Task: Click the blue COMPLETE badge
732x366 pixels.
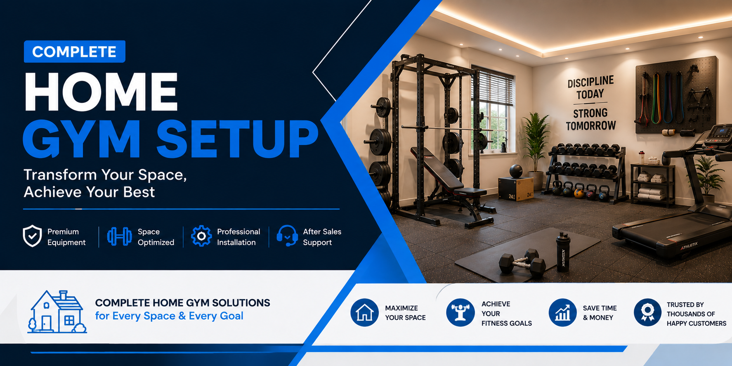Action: tap(75, 52)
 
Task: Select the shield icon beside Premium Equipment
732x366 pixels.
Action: tap(32, 236)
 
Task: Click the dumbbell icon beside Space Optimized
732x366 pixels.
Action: tap(120, 236)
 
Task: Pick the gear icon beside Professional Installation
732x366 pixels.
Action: tap(201, 236)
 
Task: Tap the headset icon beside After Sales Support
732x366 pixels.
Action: tap(287, 236)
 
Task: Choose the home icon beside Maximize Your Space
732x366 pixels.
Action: tap(364, 313)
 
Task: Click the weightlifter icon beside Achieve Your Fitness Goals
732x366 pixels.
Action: tap(460, 313)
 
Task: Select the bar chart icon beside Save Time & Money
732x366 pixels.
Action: tap(562, 313)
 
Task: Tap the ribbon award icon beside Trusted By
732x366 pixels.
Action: tap(647, 313)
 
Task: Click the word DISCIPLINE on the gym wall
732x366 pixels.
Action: tap(590, 82)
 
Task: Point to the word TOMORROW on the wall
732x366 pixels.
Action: tap(591, 125)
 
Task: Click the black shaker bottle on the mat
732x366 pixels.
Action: tap(563, 252)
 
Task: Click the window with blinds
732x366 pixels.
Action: tap(493, 110)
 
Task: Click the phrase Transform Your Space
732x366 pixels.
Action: tap(105, 175)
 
